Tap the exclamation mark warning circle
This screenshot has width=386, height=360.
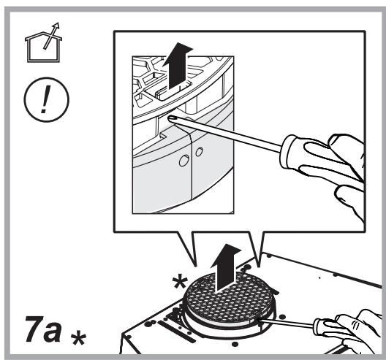pyautogui.click(x=47, y=99)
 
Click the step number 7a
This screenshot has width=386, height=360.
pyautogui.click(x=43, y=329)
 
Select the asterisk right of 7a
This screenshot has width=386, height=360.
pyautogui.click(x=78, y=338)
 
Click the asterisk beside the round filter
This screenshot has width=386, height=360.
pyautogui.click(x=180, y=283)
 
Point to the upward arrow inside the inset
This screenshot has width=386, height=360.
pyautogui.click(x=177, y=66)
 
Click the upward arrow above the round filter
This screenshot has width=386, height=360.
pyautogui.click(x=225, y=268)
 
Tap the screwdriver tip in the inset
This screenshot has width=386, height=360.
pyautogui.click(x=170, y=118)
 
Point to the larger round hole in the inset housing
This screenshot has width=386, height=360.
pyautogui.click(x=183, y=161)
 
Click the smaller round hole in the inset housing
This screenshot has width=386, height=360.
pyautogui.click(x=199, y=152)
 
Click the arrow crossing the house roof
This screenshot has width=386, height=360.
pyautogui.click(x=51, y=36)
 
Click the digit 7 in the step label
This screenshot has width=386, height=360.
pyautogui.click(x=33, y=329)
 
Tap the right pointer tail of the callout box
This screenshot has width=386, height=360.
pyautogui.click(x=257, y=248)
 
